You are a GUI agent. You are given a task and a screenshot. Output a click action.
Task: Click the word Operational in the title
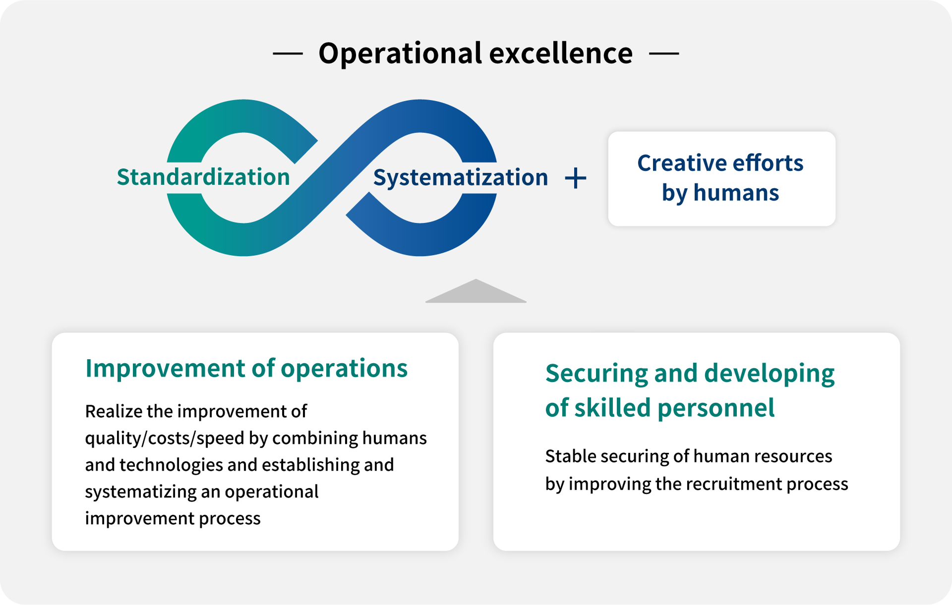[400, 54]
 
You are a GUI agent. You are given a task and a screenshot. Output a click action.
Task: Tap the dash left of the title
[288, 54]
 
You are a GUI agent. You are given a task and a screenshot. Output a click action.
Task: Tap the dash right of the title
[664, 54]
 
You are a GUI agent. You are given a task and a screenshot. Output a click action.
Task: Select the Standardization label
[203, 177]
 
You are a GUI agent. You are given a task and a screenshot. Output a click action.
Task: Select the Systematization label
[461, 177]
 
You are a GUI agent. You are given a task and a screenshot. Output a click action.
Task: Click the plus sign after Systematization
[576, 178]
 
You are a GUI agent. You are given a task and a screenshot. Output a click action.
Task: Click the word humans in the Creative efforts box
[736, 192]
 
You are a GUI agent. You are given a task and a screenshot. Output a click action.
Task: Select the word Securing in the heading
[596, 374]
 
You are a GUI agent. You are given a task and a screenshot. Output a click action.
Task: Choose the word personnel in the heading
[716, 408]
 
